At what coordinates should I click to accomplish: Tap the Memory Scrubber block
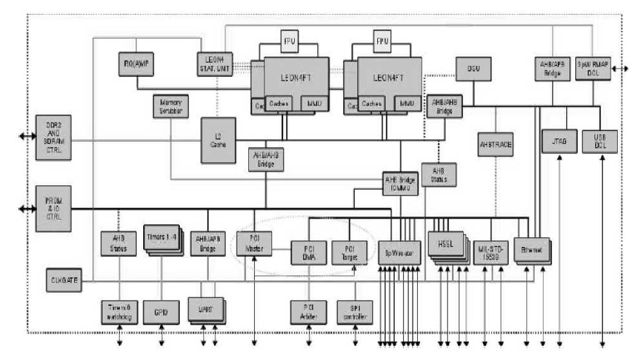(169, 107)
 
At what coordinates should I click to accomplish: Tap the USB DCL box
(600, 141)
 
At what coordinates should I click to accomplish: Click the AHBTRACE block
(495, 145)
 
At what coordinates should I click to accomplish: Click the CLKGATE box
(64, 281)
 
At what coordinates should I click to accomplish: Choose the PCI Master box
(253, 241)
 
